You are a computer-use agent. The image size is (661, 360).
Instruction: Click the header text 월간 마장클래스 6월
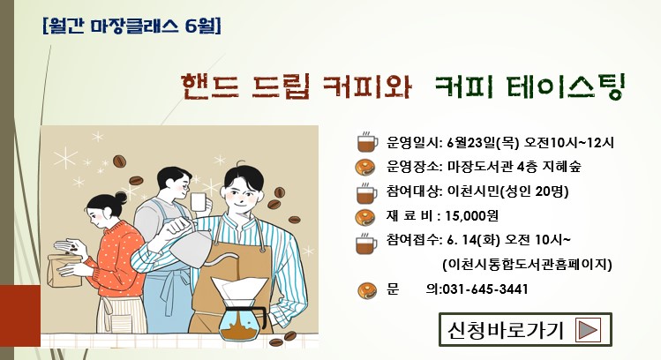click(x=131, y=26)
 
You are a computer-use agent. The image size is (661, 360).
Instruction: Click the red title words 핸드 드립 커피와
click(x=297, y=86)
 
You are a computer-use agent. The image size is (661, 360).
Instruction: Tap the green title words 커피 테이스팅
click(x=530, y=86)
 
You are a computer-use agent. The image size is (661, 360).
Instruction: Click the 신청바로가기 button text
click(x=506, y=330)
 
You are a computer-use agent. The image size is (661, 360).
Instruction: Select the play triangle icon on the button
click(x=588, y=330)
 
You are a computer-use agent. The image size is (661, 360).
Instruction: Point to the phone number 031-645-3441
click(x=485, y=289)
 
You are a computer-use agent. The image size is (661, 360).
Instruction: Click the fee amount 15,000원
click(x=472, y=216)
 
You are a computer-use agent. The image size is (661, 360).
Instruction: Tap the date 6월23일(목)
click(x=483, y=142)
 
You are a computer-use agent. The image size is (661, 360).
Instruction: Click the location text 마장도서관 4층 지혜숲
click(x=515, y=167)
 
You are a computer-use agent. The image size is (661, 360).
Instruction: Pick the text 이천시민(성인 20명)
click(x=507, y=191)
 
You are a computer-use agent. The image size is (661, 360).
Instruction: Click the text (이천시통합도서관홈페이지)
click(x=527, y=265)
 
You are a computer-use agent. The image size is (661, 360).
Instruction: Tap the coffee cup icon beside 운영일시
click(x=367, y=142)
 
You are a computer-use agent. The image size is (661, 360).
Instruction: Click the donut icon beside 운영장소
click(x=365, y=168)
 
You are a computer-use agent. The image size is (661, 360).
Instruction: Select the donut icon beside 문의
click(x=367, y=290)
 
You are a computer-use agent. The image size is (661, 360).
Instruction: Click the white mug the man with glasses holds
click(x=199, y=202)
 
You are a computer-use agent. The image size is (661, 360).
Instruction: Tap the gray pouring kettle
click(x=192, y=246)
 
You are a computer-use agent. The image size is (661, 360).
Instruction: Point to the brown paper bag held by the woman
click(x=64, y=270)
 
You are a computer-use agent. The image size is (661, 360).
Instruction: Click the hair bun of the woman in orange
click(x=121, y=198)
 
